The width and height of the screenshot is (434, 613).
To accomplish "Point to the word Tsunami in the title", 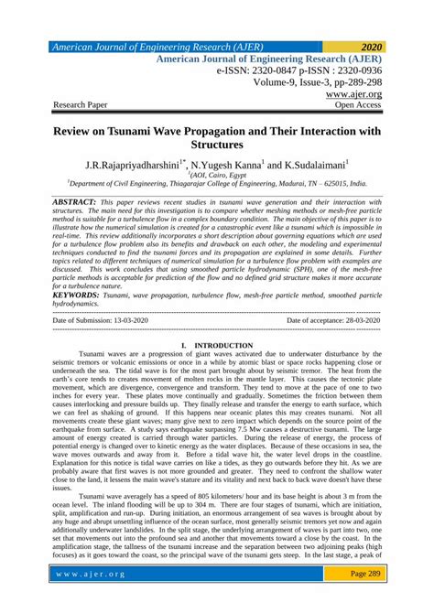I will (137, 131).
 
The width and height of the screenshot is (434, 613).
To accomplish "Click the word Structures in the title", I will (217, 145).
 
